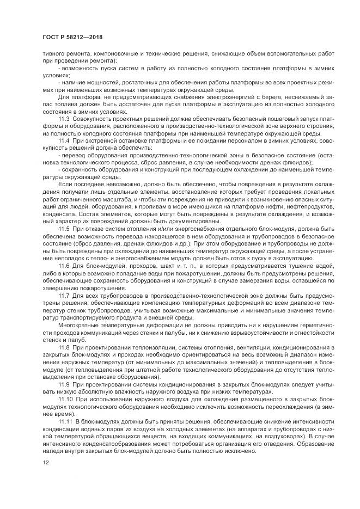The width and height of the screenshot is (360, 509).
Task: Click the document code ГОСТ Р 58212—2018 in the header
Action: click(72, 38)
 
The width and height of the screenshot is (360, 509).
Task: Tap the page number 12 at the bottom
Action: click(45, 463)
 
